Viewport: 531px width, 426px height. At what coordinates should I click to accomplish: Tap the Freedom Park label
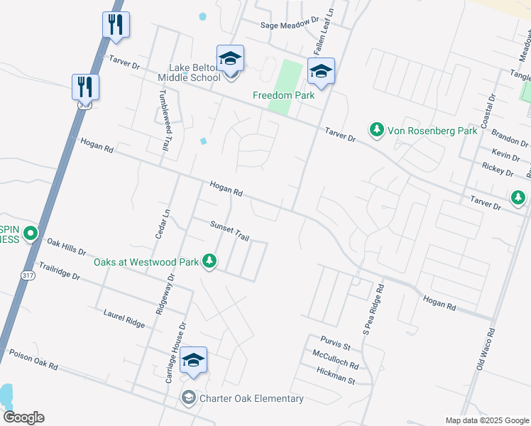tap(284, 95)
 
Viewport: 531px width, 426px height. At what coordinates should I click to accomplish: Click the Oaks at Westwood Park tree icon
tap(209, 262)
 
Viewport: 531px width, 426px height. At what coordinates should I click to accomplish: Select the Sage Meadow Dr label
tap(290, 24)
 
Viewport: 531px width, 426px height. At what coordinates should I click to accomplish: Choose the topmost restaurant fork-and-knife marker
tap(115, 25)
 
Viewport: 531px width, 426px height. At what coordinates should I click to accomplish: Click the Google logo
tap(23, 417)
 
